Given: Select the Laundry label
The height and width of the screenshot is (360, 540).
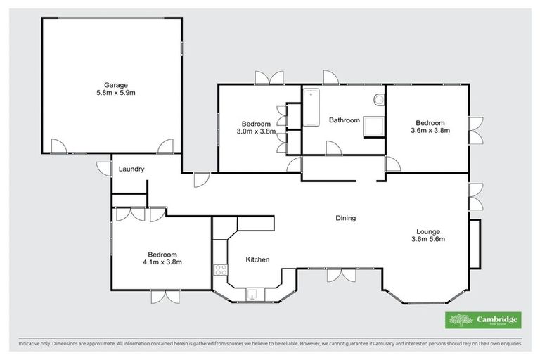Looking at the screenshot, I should [x=131, y=169].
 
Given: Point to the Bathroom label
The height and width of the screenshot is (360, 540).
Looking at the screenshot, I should [x=345, y=120].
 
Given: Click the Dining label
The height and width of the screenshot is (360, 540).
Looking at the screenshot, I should [x=345, y=218].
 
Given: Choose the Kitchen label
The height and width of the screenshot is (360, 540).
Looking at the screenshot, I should [x=257, y=260].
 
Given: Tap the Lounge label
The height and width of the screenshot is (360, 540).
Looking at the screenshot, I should [x=428, y=231].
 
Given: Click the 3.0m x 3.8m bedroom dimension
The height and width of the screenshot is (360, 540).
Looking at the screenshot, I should [x=253, y=131].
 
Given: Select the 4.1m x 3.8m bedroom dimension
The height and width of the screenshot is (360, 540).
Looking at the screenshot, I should [x=162, y=262].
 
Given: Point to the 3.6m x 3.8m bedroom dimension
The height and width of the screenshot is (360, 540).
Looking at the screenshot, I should [x=430, y=130].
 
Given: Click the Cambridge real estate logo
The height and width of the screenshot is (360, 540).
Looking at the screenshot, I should [x=484, y=320].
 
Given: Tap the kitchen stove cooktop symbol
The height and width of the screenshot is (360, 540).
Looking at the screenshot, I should [x=219, y=269].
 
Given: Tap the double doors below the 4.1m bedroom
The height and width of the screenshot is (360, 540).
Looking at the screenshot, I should [x=165, y=296].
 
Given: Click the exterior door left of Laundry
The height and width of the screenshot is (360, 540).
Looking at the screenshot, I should [x=103, y=169].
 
